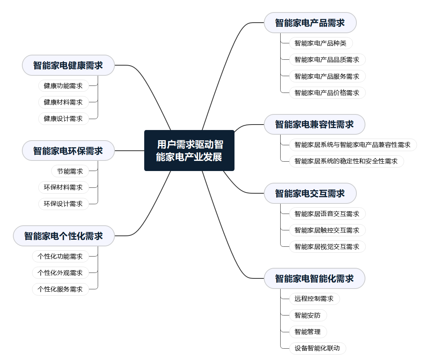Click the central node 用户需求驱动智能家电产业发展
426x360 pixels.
[189, 151]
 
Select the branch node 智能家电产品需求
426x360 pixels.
[310, 23]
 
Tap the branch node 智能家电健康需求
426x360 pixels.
[68, 65]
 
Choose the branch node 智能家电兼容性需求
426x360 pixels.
[314, 125]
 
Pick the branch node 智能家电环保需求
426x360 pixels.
[68, 151]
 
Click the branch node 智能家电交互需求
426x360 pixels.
[310, 193]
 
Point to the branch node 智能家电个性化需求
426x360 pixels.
[64, 236]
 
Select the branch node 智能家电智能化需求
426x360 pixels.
[314, 278]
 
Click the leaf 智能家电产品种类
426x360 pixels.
[318, 43]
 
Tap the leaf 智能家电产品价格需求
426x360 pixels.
[327, 93]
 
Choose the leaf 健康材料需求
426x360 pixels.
[63, 102]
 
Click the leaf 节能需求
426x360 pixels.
[70, 171]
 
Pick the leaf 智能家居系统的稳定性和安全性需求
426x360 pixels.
[346, 161]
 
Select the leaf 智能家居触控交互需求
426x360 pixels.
[327, 230]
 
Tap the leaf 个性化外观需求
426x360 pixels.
[60, 273]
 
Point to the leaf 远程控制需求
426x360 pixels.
[314, 299]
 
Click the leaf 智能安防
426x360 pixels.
[308, 315]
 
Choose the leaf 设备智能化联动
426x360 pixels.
[317, 348]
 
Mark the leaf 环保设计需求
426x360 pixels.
[63, 204]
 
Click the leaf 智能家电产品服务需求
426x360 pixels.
[327, 76]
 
